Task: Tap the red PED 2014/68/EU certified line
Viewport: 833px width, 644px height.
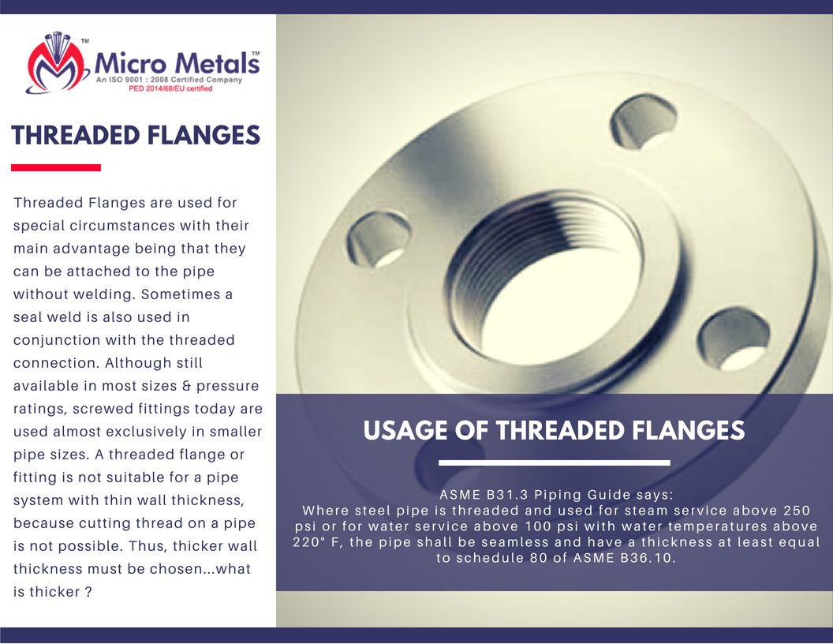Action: (170, 88)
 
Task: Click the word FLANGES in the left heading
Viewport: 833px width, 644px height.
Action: (204, 136)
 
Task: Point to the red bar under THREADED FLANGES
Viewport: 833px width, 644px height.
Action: (56, 168)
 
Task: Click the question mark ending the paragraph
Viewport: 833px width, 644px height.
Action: (88, 592)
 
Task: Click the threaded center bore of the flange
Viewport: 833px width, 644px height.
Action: (547, 282)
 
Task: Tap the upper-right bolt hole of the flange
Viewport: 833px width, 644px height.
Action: (644, 122)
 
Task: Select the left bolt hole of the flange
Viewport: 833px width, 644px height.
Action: (379, 240)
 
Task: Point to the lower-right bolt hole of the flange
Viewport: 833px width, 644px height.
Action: (733, 339)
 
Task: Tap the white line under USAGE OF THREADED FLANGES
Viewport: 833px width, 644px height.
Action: (554, 462)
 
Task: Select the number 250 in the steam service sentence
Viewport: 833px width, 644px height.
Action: (797, 511)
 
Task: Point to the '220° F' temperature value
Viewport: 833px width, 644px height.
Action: (317, 542)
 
